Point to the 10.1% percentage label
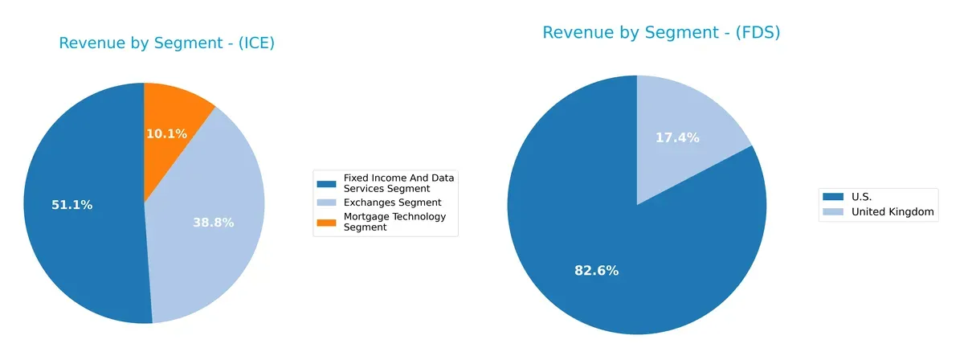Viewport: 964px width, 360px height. (x=166, y=133)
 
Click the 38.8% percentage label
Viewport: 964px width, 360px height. (x=213, y=223)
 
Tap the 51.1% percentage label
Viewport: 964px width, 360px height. (x=71, y=205)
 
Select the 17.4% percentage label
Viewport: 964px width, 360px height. (x=677, y=138)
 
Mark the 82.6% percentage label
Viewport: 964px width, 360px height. (x=596, y=271)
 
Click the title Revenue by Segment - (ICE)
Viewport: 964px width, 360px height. (x=167, y=43)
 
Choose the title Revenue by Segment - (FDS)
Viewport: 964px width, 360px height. (x=661, y=33)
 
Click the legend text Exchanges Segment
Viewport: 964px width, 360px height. (x=392, y=202)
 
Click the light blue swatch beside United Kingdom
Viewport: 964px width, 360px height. (x=832, y=212)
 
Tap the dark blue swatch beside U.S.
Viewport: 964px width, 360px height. (x=832, y=196)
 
